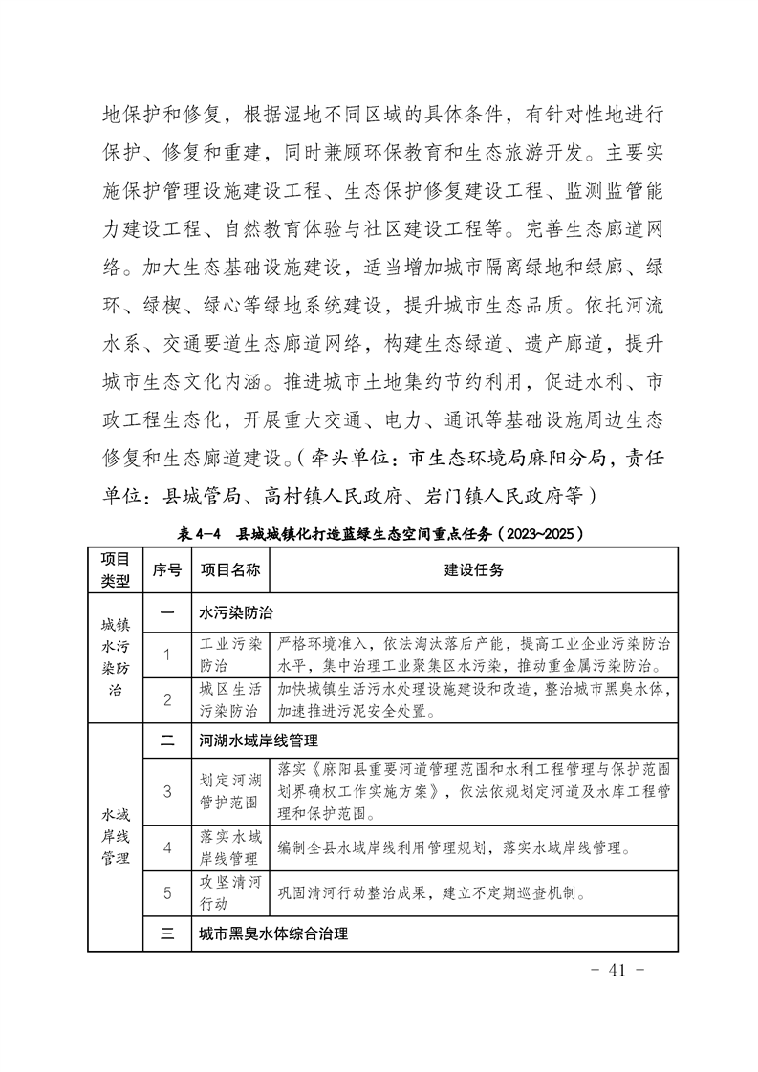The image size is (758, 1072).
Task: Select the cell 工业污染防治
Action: point(229,654)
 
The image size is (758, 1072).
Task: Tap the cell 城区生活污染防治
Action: point(229,699)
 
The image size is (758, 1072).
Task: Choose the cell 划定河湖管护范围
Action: point(229,790)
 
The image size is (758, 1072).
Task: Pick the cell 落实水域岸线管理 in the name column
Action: point(229,847)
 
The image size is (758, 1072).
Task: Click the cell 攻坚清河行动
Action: point(229,892)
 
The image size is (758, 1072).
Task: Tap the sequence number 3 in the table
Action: point(167,790)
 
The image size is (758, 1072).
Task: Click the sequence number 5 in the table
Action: point(167,893)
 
